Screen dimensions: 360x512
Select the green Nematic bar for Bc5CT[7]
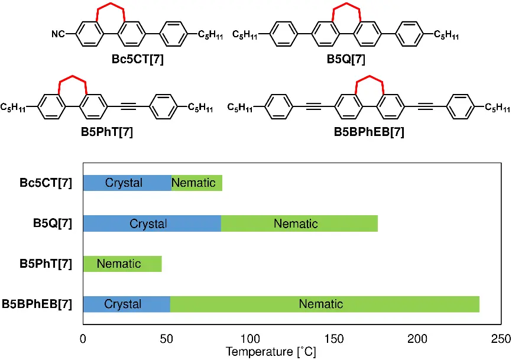[197, 183]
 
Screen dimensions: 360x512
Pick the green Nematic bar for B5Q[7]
[299, 223]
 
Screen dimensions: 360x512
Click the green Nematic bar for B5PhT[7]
[122, 264]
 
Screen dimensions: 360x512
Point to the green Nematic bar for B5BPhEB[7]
[325, 304]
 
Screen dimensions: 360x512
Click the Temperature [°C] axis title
[271, 352]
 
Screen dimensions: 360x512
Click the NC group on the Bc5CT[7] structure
[59, 34]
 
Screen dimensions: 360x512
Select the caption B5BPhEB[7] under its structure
[369, 132]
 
